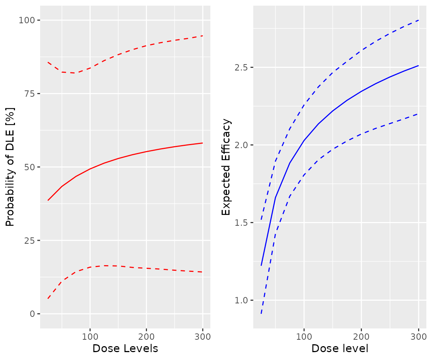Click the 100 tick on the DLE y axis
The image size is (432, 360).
[x=30, y=20]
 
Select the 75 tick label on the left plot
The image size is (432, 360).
[x=32, y=93]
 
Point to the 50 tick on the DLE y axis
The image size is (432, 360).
[x=32, y=167]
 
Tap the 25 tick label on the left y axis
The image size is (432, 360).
[x=32, y=240]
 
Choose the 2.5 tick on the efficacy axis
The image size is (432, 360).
[x=244, y=67]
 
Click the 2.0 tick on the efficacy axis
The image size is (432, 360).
[x=244, y=145]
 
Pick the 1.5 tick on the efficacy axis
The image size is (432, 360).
[x=244, y=223]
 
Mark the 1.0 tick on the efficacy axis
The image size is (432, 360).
[x=244, y=300]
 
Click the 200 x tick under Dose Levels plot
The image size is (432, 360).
[x=146, y=336]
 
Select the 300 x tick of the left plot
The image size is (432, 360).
[x=202, y=336]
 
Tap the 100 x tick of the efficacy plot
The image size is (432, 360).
[x=304, y=336]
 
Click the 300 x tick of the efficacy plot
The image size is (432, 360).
[x=418, y=336]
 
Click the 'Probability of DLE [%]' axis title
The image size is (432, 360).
[x=10, y=167]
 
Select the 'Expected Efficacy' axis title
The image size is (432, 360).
[x=226, y=167]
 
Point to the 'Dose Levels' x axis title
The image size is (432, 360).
[x=125, y=349]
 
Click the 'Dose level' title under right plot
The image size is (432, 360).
[x=340, y=349]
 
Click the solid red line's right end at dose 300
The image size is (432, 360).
[x=202, y=143]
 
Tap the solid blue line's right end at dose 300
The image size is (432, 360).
[x=418, y=66]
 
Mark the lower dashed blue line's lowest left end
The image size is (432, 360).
[x=261, y=313]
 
